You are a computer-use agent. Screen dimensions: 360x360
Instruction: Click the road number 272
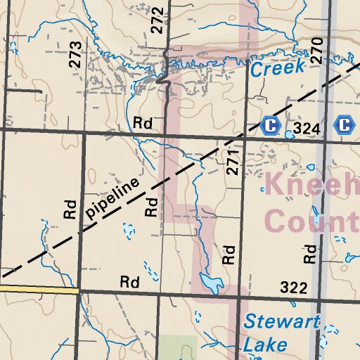157,20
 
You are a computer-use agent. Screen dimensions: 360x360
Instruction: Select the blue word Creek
278,69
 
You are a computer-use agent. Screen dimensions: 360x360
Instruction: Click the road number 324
307,129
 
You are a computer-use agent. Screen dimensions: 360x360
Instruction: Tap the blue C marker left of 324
269,126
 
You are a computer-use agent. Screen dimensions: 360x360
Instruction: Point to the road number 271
233,161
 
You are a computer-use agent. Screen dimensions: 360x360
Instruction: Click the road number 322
294,288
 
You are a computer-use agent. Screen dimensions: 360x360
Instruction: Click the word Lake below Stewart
265,345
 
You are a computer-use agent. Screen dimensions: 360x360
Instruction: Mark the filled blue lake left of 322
210,283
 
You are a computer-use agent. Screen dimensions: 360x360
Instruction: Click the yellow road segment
39,288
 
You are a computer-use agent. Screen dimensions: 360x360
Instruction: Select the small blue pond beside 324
290,134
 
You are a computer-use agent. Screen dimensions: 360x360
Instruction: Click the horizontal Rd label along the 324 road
143,123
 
